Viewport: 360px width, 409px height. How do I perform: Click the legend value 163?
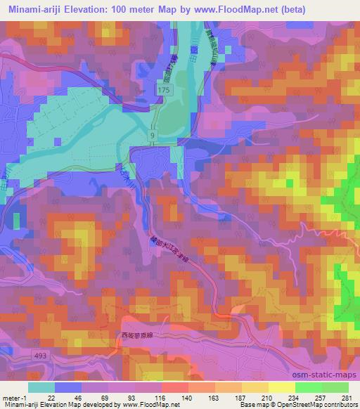(x=216, y=397)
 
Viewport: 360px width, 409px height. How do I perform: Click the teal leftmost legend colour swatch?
(x=41, y=387)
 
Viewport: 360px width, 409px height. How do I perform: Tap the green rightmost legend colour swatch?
(x=335, y=387)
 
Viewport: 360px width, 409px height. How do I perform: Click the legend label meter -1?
(x=15, y=397)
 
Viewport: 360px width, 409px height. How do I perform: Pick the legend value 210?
(x=269, y=397)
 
